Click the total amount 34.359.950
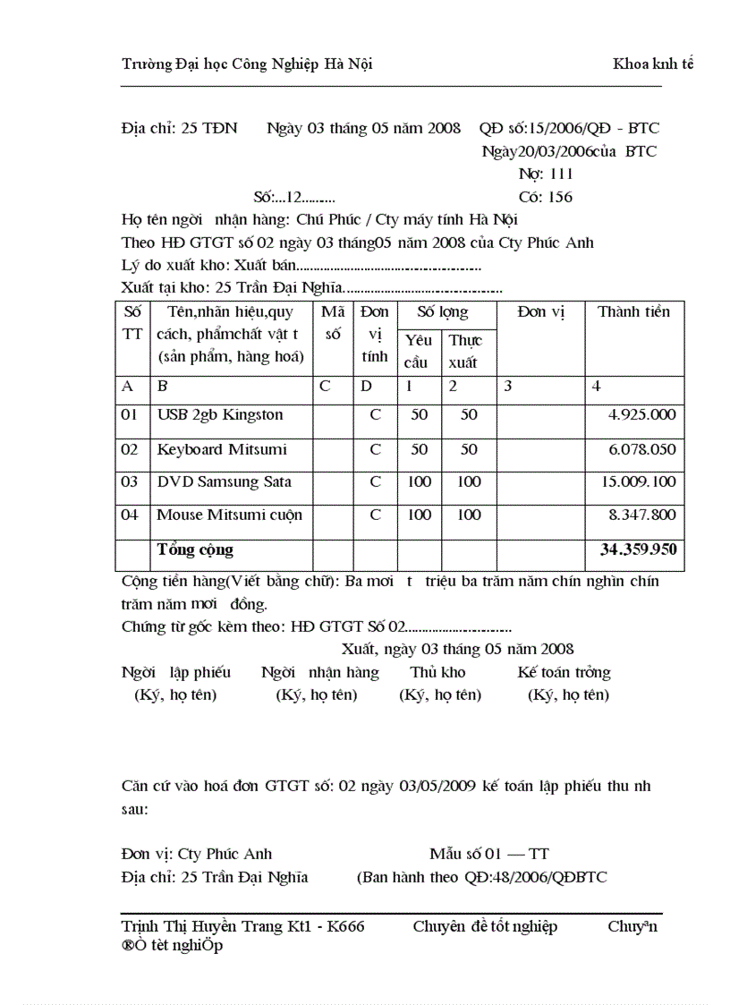pos(638,549)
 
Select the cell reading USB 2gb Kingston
pos(220,415)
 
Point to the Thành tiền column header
pos(633,312)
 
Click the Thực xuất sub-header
pos(465,352)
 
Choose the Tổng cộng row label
pos(195,549)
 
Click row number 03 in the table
pos(130,482)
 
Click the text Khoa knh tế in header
pos(653,64)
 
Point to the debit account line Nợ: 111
pos(546,175)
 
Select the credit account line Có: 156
pos(546,197)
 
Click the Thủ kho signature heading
pos(437,673)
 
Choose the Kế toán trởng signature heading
pos(564,673)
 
